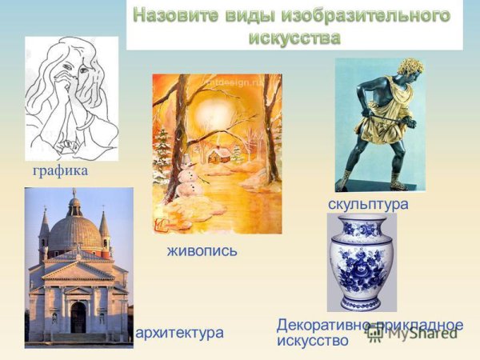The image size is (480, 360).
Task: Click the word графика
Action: (60, 171)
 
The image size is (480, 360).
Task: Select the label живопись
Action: (202, 250)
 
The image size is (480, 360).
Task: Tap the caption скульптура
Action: (368, 204)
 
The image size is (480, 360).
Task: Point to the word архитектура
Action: (180, 331)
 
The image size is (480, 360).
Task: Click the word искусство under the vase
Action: (313, 341)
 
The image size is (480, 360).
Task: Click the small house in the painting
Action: (218, 154)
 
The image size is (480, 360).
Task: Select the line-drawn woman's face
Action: (65, 71)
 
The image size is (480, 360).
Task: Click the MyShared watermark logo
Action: (417, 334)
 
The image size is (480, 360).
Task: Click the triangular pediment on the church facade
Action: (78, 270)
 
